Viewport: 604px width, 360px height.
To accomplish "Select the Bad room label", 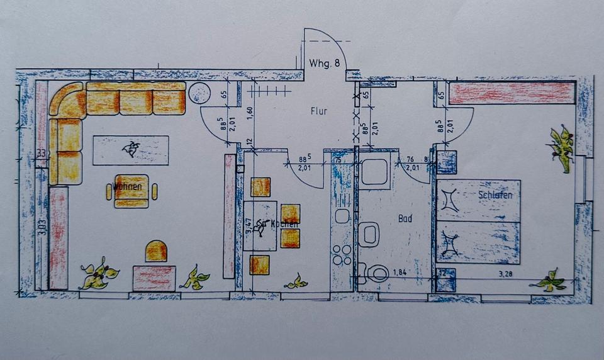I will pos(405,218).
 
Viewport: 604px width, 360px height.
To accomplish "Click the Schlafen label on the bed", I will pos(495,195).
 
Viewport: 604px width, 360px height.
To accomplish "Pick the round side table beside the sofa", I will pos(199,93).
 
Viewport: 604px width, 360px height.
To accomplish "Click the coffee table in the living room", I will pos(131,150).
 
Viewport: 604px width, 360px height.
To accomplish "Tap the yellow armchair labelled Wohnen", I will pos(131,191).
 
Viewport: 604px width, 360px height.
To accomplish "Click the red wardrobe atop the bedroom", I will pos(512,93).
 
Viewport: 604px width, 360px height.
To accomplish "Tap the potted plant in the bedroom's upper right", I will pos(561,147).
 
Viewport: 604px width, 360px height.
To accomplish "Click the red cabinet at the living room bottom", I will pos(154,278).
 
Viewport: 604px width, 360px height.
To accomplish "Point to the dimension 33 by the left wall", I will pos(41,153).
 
